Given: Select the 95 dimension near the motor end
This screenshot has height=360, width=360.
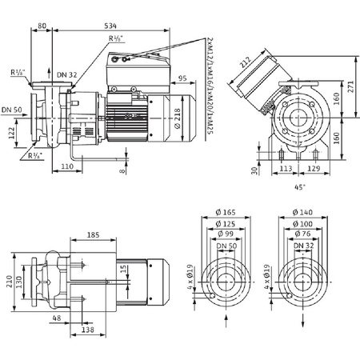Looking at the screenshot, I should click(182, 78).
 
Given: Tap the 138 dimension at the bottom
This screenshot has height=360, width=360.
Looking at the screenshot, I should click(89, 330).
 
